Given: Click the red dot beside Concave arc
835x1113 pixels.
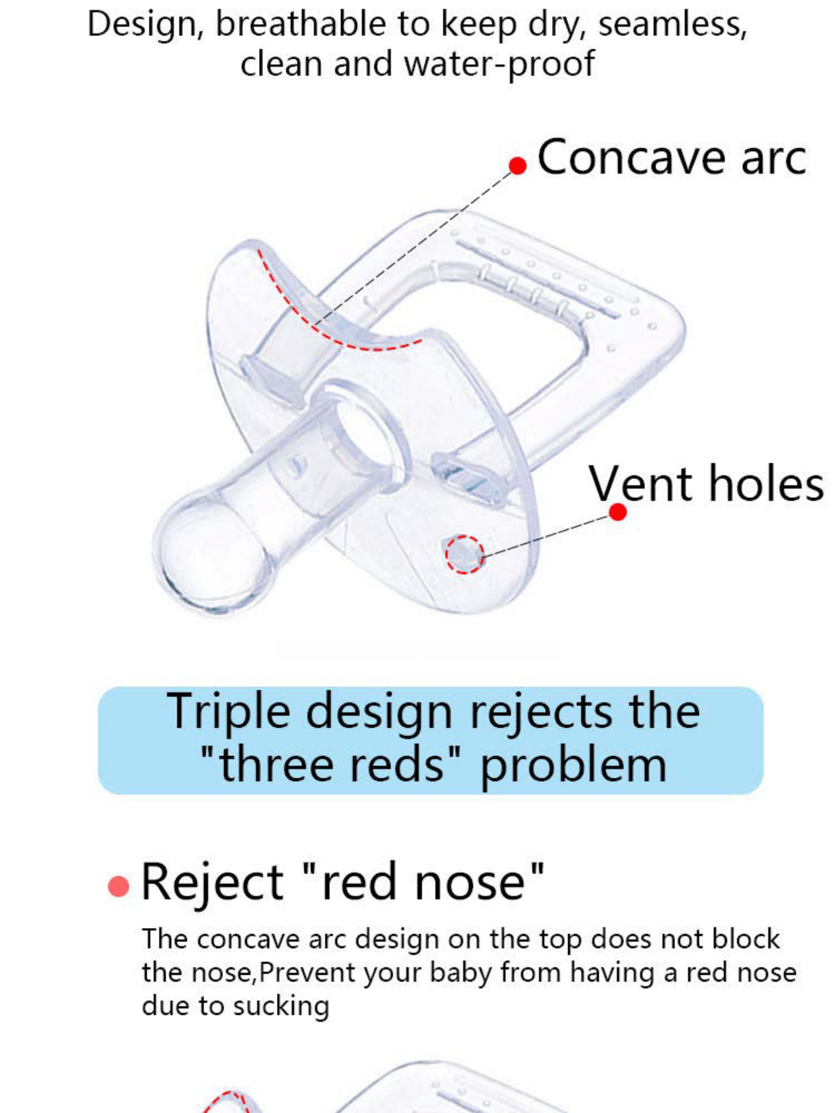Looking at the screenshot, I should point(518,165).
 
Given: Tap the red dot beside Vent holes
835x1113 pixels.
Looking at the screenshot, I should point(618,512).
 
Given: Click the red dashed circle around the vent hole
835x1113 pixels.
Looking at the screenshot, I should point(465,554).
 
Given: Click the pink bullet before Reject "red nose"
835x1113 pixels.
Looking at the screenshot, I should point(118,886).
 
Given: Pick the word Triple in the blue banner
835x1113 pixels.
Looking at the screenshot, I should point(228,712).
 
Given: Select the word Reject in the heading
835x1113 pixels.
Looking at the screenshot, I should point(212,883).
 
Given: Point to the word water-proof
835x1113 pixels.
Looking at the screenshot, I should point(499,65).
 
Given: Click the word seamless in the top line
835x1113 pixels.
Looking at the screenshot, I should point(672,25).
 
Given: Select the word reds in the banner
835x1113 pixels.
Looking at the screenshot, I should point(396,765).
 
